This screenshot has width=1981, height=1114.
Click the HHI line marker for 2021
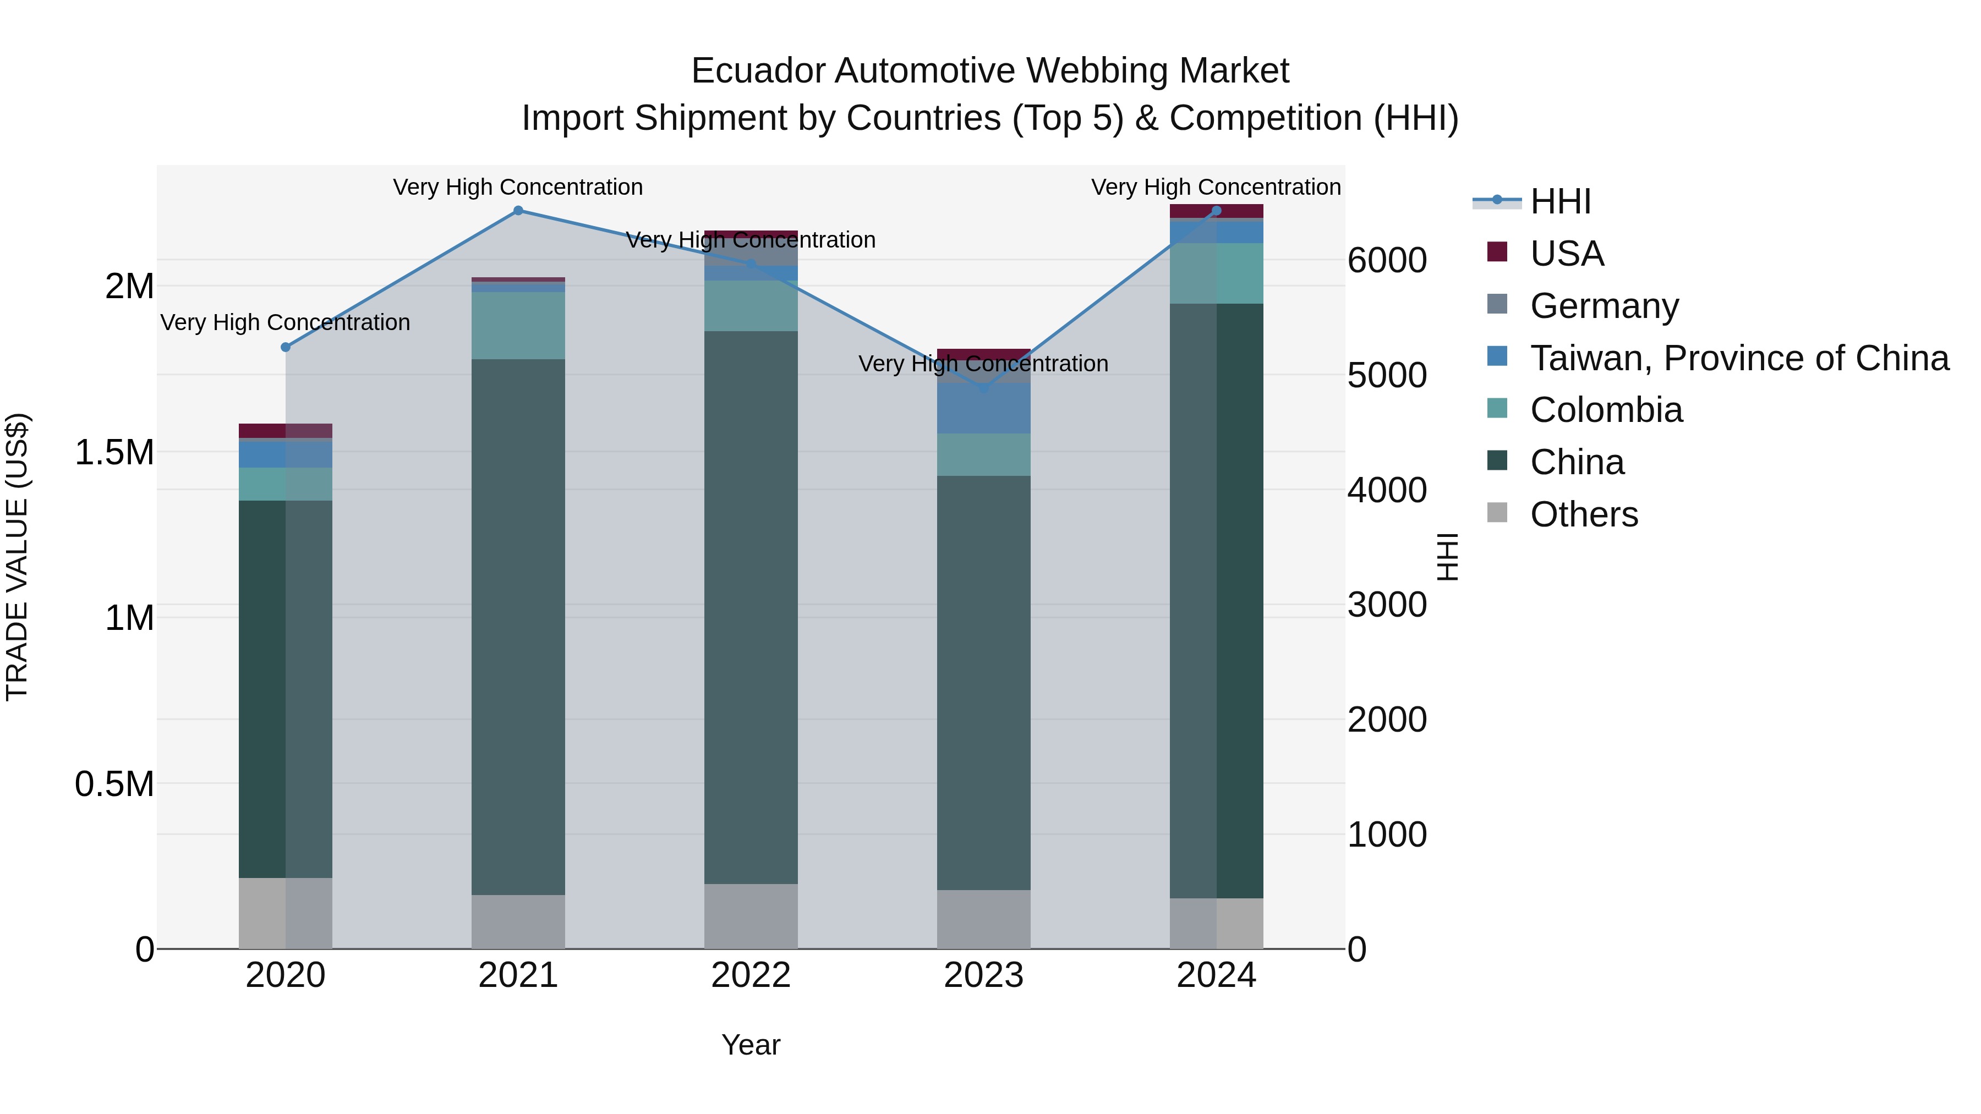pyautogui.click(x=518, y=211)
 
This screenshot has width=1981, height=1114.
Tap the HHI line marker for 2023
pyautogui.click(x=983, y=388)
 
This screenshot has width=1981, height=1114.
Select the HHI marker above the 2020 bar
pyautogui.click(x=285, y=347)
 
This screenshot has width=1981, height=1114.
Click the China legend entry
pyautogui.click(x=1577, y=462)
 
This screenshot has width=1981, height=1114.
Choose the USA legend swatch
pyautogui.click(x=1497, y=251)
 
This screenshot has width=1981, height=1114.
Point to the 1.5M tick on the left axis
pyautogui.click(x=114, y=452)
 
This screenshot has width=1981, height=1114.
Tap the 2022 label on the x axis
pyautogui.click(x=751, y=975)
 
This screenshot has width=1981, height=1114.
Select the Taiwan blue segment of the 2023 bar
pyautogui.click(x=983, y=408)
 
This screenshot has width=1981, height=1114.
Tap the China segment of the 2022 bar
pyautogui.click(x=751, y=607)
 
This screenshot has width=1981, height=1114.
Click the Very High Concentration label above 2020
pyautogui.click(x=284, y=322)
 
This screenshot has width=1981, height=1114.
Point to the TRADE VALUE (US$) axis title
pyautogui.click(x=17, y=557)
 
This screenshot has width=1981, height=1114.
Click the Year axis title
pyautogui.click(x=751, y=1045)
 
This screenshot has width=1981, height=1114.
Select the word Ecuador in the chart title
pyautogui.click(x=758, y=71)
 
